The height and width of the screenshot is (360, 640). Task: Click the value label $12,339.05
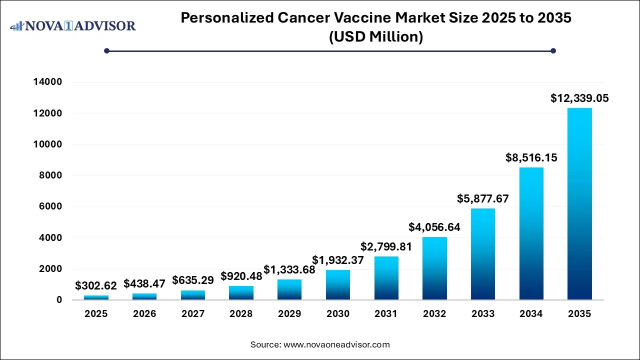click(579, 98)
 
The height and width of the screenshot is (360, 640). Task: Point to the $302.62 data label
click(96, 286)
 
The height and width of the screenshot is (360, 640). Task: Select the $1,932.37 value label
click(338, 260)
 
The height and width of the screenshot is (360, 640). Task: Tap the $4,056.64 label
click(434, 227)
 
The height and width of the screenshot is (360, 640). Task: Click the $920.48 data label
click(241, 276)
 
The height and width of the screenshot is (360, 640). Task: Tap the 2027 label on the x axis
click(193, 314)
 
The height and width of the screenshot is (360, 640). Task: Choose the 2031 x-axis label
click(386, 314)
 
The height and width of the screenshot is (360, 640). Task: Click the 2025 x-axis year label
click(96, 314)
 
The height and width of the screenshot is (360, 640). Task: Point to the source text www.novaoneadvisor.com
click(336, 344)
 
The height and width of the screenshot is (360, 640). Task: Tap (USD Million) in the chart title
click(376, 36)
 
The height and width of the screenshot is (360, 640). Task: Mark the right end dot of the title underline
click(553, 50)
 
